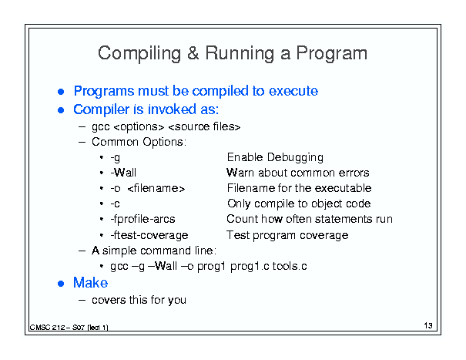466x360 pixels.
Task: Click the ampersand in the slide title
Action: pyautogui.click(x=193, y=53)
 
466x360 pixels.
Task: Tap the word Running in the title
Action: pyautogui.click(x=240, y=54)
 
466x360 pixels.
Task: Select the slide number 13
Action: pyautogui.click(x=428, y=325)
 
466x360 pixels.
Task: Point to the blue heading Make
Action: pyautogui.click(x=90, y=283)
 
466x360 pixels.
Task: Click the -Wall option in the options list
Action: pyautogui.click(x=123, y=173)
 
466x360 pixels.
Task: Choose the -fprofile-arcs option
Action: pyautogui.click(x=142, y=219)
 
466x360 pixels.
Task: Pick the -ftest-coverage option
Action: pyautogui.click(x=149, y=235)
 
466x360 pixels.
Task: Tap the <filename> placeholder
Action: pyautogui.click(x=156, y=188)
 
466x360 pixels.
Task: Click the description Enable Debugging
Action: pyautogui.click(x=275, y=157)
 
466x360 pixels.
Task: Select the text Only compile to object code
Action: pyautogui.click(x=299, y=204)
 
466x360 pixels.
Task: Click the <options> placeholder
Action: pyautogui.click(x=139, y=127)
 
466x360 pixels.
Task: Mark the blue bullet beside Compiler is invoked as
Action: pyautogui.click(x=61, y=110)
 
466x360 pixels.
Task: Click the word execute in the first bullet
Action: pyautogui.click(x=293, y=91)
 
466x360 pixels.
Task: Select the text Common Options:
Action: pyautogui.click(x=139, y=142)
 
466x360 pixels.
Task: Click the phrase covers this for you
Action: pyautogui.click(x=139, y=300)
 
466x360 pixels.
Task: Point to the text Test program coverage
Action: pyautogui.click(x=287, y=235)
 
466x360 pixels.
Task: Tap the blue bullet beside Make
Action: pyautogui.click(x=61, y=284)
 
